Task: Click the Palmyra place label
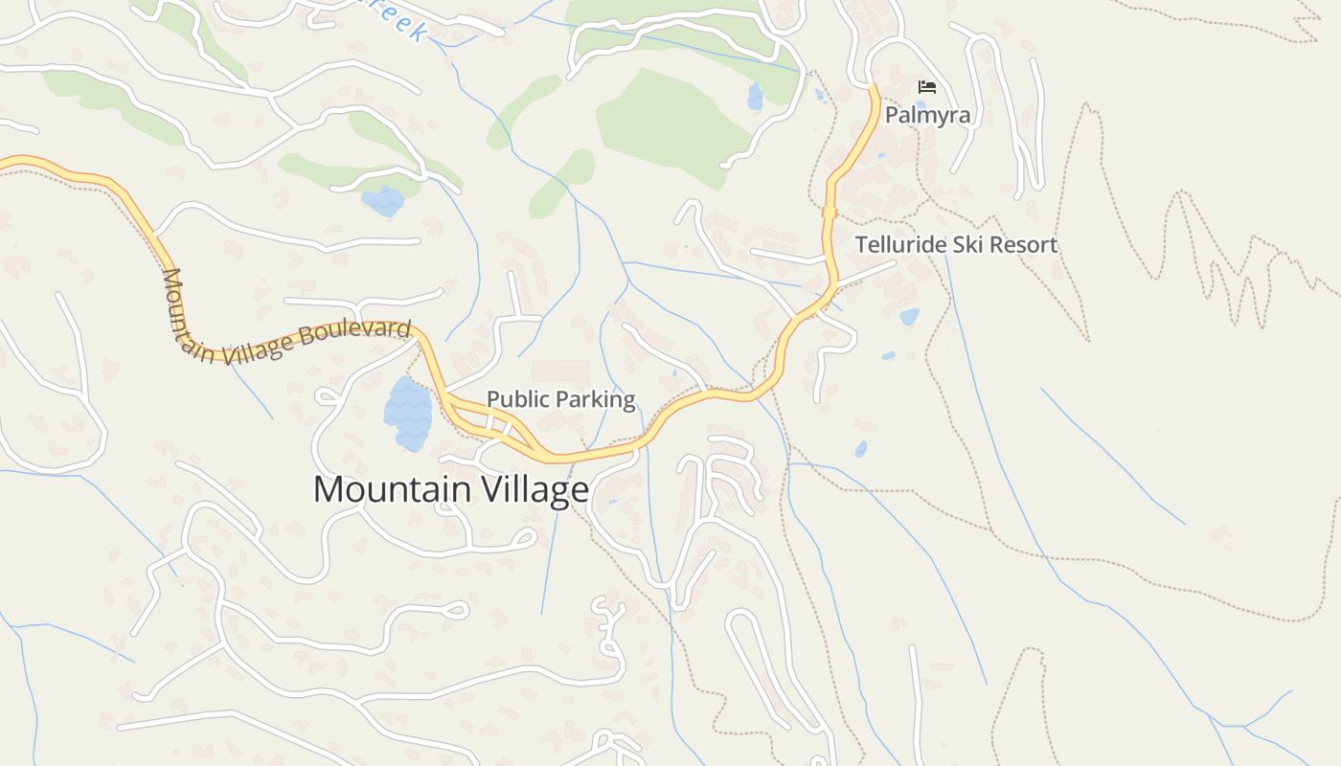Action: click(927, 115)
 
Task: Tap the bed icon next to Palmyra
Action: click(927, 87)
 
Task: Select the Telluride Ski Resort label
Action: click(956, 244)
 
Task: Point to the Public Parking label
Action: click(560, 399)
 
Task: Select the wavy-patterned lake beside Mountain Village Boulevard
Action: click(408, 414)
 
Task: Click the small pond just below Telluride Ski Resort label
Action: click(909, 316)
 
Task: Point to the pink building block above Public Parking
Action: click(560, 372)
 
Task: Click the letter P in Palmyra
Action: click(892, 115)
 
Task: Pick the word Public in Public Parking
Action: click(518, 399)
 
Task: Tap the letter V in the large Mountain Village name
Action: click(484, 489)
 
